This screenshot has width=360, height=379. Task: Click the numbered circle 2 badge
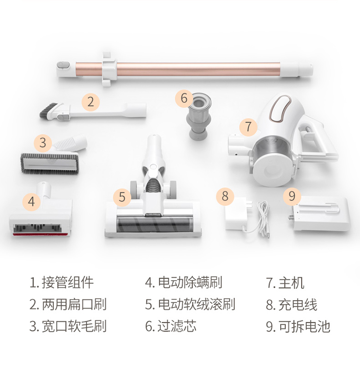(91, 102)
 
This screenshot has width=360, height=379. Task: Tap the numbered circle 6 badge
(184, 98)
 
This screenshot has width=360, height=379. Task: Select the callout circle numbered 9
(292, 196)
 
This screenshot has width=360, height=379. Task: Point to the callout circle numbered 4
(31, 202)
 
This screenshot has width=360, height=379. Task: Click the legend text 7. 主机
(285, 282)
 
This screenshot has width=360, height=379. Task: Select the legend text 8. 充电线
(292, 305)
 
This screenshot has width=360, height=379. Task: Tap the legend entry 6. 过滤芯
(171, 326)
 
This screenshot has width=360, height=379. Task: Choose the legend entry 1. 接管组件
(61, 282)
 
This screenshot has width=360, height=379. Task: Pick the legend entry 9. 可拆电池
(298, 326)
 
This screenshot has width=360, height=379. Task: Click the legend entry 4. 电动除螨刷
(184, 282)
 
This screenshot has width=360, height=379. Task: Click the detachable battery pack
(321, 214)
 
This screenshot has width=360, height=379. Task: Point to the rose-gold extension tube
(198, 69)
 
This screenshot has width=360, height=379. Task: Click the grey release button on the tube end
(63, 65)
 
